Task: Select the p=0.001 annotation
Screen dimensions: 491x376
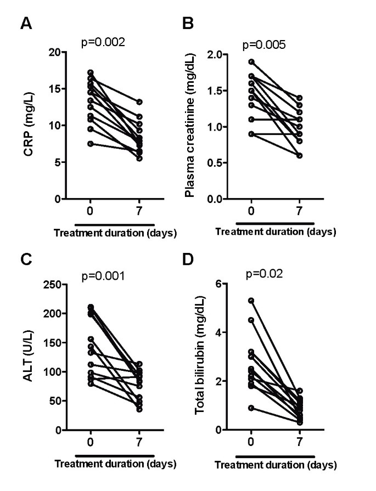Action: pyautogui.click(x=104, y=276)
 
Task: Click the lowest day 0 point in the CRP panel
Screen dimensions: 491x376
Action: pyautogui.click(x=91, y=144)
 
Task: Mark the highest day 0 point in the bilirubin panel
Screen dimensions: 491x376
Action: pyautogui.click(x=251, y=301)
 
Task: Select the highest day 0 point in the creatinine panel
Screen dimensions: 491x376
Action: pyautogui.click(x=251, y=62)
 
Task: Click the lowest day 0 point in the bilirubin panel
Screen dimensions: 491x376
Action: pyautogui.click(x=251, y=408)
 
